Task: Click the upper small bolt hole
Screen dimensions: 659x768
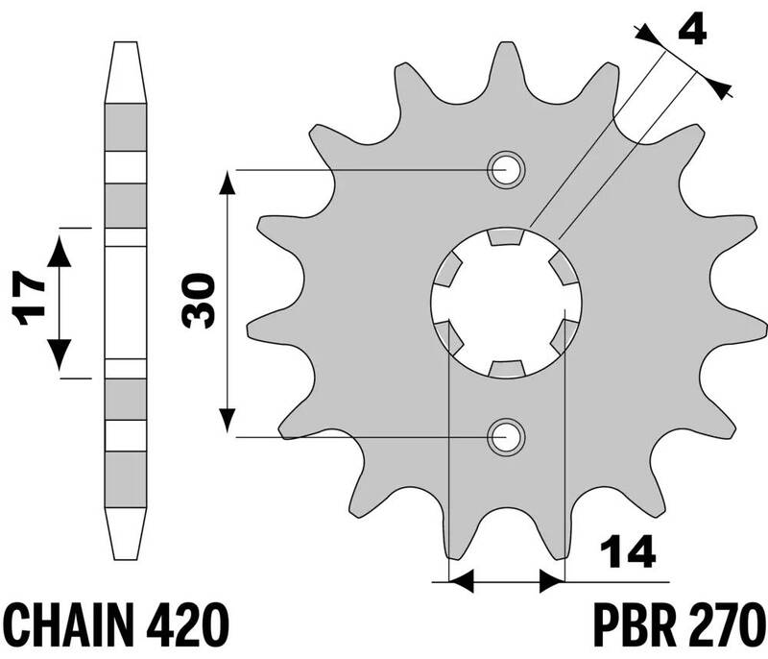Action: [x=507, y=171]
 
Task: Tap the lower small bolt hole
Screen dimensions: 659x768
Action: [x=507, y=438]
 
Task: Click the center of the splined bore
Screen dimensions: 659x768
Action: [x=507, y=305]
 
